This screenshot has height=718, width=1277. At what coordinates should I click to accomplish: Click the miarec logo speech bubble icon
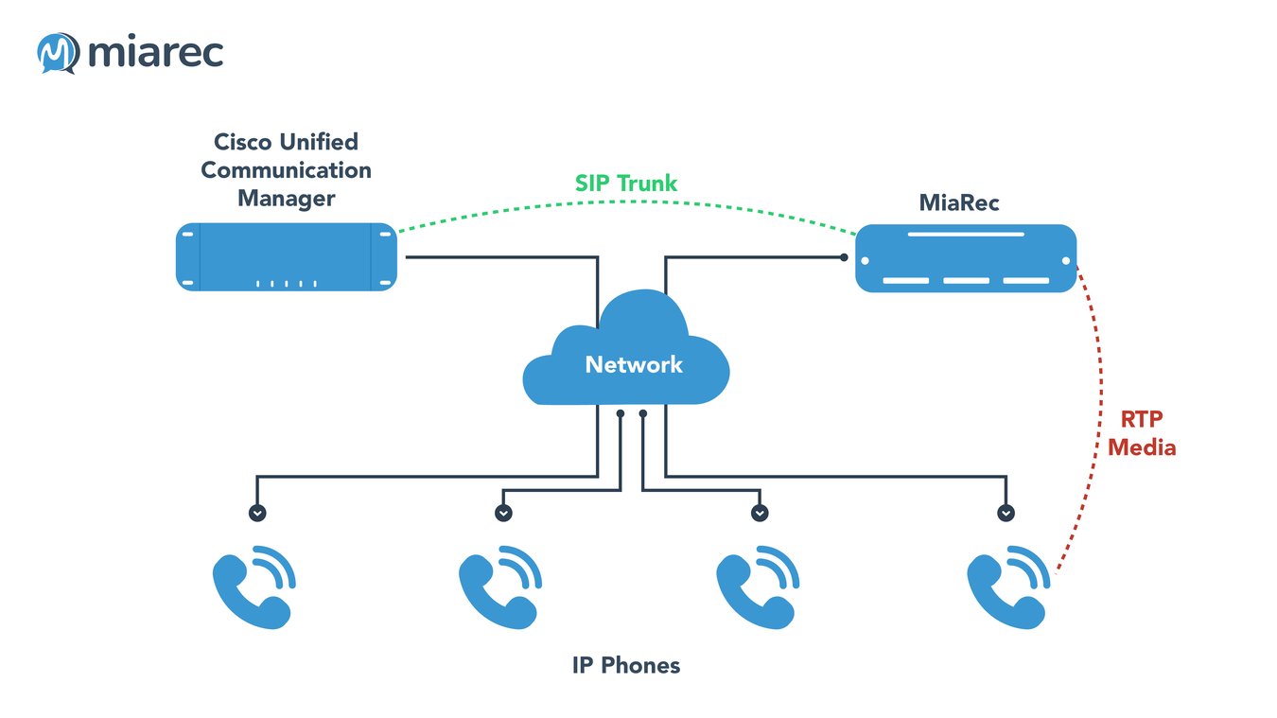tap(57, 53)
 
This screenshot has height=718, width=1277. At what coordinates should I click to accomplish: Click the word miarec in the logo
tap(155, 53)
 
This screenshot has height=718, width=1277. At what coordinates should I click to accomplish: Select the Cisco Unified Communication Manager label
tap(287, 170)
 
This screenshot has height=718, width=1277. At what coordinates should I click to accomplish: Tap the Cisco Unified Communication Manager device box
tap(287, 257)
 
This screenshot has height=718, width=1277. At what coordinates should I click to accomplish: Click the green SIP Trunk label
tap(626, 184)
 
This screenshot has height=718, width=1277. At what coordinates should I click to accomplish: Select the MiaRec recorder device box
tap(966, 258)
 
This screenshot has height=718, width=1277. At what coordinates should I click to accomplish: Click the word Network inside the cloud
tap(633, 365)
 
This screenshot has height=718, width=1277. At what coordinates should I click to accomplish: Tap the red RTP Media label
tap(1142, 432)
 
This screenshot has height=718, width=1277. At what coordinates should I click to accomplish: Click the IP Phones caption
tap(625, 665)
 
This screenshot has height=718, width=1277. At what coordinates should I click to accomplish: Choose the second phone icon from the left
tap(499, 587)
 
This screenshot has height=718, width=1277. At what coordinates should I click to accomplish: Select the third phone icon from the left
tap(757, 587)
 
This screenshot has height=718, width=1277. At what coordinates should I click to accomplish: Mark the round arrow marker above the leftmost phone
tap(257, 513)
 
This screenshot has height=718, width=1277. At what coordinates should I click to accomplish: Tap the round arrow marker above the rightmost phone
tap(1006, 513)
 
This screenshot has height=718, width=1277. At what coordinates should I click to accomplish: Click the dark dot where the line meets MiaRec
tap(844, 256)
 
